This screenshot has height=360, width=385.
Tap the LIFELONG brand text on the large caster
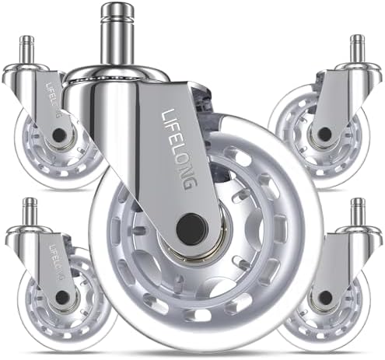coord(180,149)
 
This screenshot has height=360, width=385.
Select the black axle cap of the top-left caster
coord(59,135)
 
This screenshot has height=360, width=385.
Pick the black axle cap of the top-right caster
coord(324,134)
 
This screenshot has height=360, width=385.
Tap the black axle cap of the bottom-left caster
coord(62,297)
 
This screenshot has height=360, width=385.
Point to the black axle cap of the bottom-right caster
coord(325,298)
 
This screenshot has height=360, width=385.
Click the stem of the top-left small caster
coord(28,49)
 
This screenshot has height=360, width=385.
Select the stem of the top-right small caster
coord(357,49)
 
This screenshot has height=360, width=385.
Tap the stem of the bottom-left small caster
coord(30,211)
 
